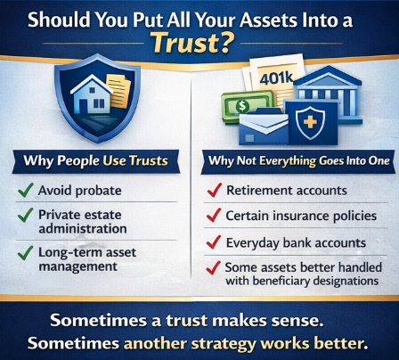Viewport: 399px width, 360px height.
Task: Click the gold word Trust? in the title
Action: click(199, 41)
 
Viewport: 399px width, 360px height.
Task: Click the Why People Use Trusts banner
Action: click(99, 163)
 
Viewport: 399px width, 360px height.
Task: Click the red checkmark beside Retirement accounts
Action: click(213, 191)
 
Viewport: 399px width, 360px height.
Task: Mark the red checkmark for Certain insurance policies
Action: click(213, 217)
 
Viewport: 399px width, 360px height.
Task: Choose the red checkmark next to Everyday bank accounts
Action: click(213, 241)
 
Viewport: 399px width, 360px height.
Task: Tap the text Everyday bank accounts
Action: click(293, 241)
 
